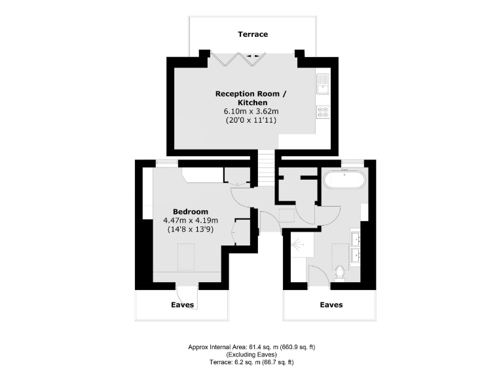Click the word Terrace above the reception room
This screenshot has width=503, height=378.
(x=252, y=34)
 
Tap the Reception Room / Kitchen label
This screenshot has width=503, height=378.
(x=251, y=98)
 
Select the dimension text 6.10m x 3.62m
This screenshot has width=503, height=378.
(x=251, y=112)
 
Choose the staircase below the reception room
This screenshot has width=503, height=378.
(x=265, y=169)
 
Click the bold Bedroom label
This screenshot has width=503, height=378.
(x=191, y=211)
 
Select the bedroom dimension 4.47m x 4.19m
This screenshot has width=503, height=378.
(x=191, y=220)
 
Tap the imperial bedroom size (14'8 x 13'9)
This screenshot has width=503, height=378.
(x=191, y=230)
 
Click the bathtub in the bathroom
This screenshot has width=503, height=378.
(x=344, y=179)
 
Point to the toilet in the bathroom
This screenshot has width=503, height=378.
(x=340, y=271)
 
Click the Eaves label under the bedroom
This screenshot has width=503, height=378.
(x=182, y=304)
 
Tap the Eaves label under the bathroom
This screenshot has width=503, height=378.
(x=331, y=304)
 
